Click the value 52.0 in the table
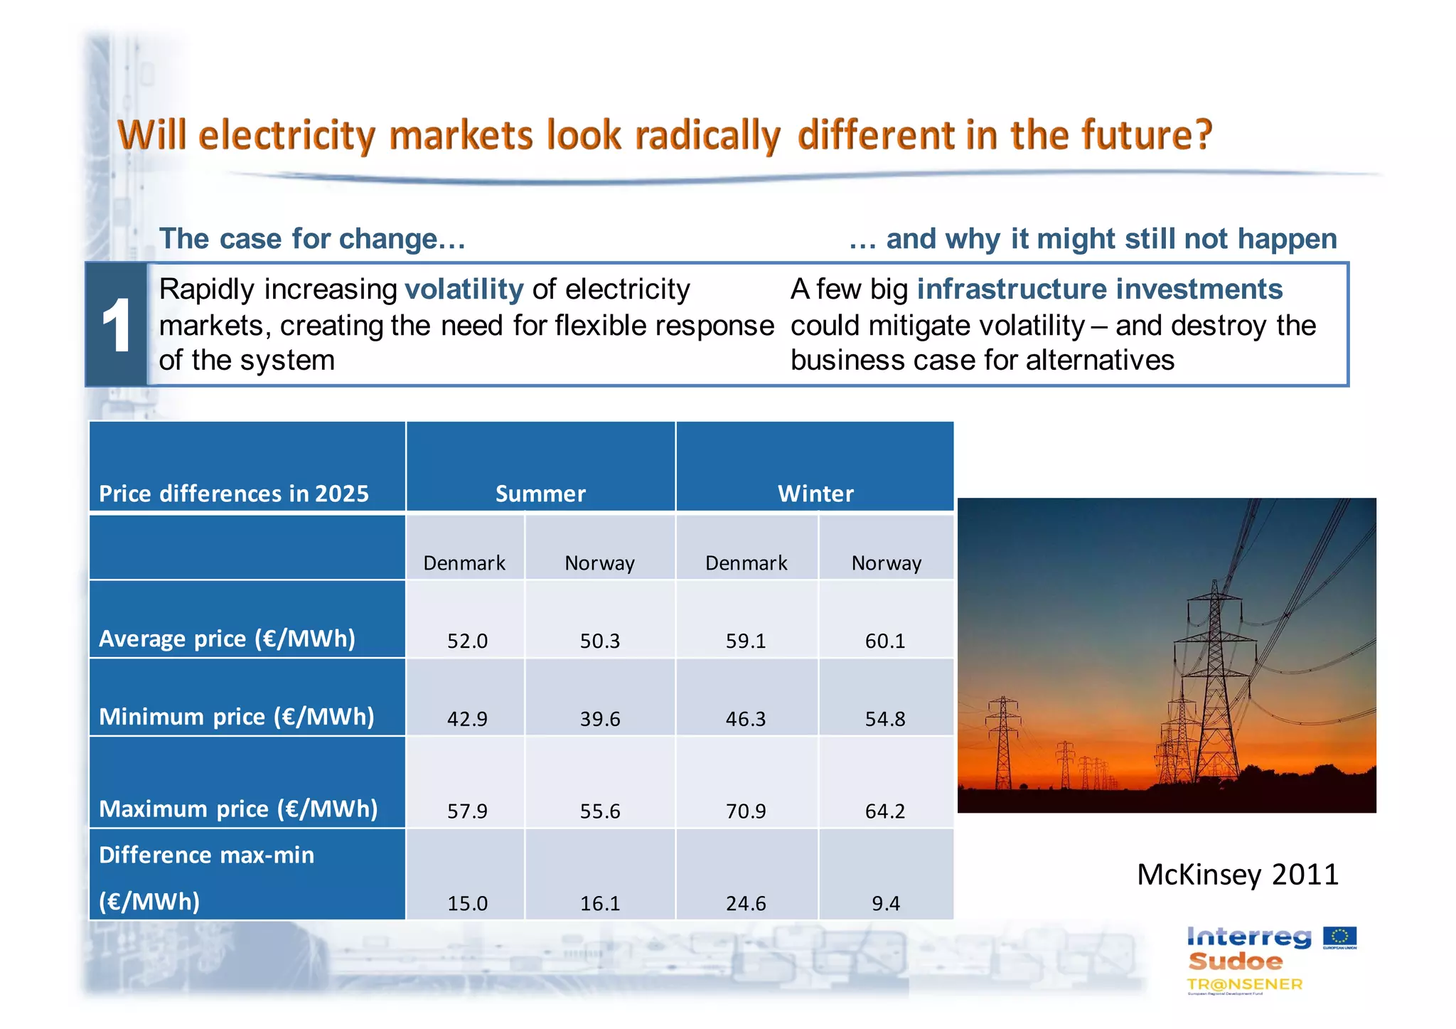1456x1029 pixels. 467,641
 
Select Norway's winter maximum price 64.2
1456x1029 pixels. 885,811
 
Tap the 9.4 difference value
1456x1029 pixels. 886,903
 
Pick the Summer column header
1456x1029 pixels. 540,494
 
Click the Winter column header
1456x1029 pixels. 815,494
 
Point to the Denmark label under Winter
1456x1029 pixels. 746,563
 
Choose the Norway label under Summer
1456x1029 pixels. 599,563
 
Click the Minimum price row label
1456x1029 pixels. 236,716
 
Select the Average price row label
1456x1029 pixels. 227,639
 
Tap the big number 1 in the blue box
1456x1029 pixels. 116,326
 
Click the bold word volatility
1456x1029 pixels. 464,289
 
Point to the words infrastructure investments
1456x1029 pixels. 1099,289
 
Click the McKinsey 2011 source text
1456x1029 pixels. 1237,874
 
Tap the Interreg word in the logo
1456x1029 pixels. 1248,937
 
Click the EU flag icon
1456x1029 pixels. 1339,937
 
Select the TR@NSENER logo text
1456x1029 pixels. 1244,984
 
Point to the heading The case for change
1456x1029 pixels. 312,239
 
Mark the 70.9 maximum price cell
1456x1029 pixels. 746,811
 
